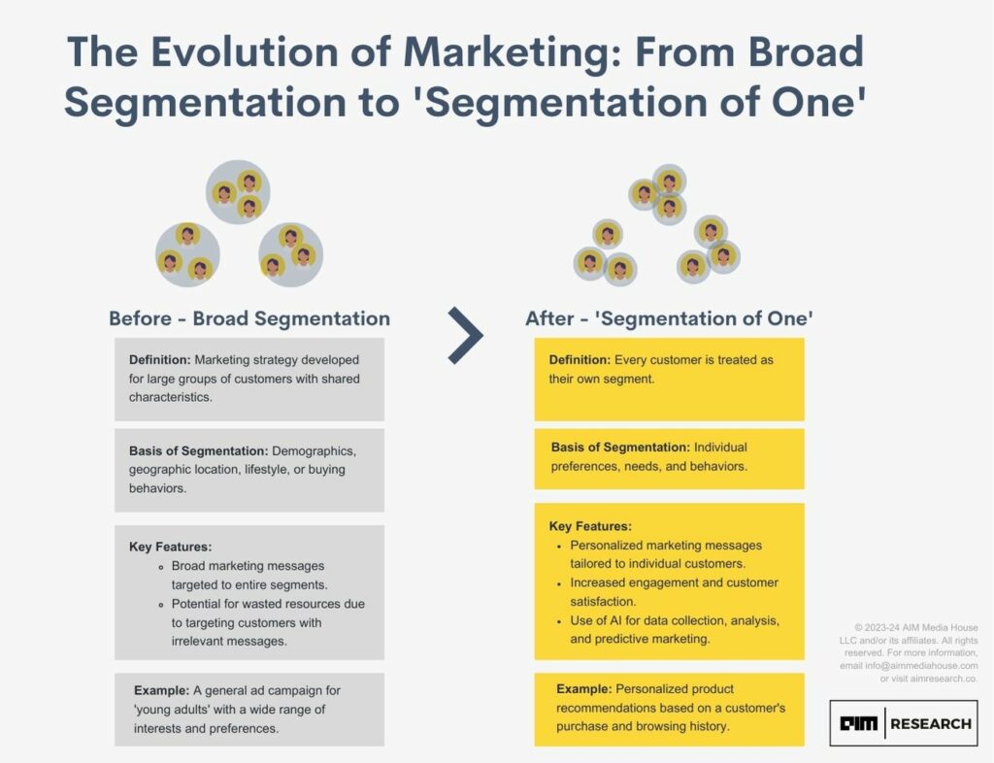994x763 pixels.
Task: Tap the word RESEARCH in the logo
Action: pyautogui.click(x=931, y=724)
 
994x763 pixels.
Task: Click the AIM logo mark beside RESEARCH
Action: pyautogui.click(x=858, y=724)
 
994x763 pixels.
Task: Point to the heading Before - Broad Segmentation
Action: pyautogui.click(x=249, y=318)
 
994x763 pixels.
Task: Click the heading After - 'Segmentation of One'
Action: pyautogui.click(x=669, y=318)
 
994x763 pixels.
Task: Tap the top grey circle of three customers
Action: pyautogui.click(x=238, y=191)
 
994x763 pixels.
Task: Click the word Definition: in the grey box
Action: pyautogui.click(x=160, y=360)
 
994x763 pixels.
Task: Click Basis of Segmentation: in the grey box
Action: pyautogui.click(x=198, y=451)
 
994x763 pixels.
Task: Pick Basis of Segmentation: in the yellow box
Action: pyautogui.click(x=620, y=448)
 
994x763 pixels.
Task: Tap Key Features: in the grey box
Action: pyautogui.click(x=171, y=547)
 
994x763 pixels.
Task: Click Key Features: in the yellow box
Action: pyautogui.click(x=590, y=526)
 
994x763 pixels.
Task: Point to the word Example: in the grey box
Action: pyautogui.click(x=162, y=691)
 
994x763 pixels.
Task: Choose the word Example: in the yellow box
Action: pyautogui.click(x=583, y=689)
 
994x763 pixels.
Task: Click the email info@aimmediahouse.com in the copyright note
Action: pyautogui.click(x=921, y=666)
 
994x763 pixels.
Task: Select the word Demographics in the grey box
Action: pyautogui.click(x=314, y=451)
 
